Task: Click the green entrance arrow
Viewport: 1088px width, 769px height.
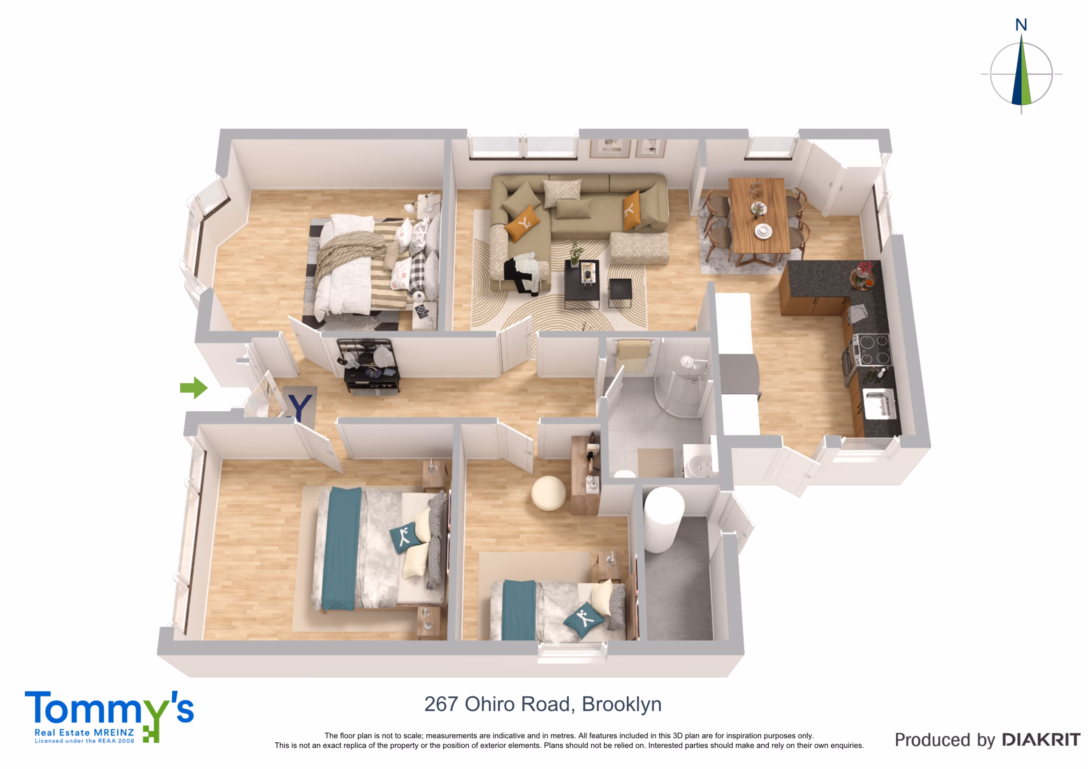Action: click(x=194, y=387)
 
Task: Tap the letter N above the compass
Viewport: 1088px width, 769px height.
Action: click(x=1021, y=25)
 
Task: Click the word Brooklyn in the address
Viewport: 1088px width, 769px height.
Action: click(x=621, y=705)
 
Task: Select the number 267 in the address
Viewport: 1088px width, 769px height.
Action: click(x=441, y=704)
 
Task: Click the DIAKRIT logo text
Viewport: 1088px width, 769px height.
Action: click(x=1041, y=740)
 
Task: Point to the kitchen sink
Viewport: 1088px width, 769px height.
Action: click(x=879, y=403)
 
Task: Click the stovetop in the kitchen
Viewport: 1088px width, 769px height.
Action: click(x=873, y=349)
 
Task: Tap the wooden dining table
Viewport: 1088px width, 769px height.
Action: click(x=758, y=215)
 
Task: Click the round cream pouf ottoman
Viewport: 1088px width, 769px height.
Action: click(x=548, y=493)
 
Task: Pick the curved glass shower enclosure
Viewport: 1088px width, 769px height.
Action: click(x=683, y=384)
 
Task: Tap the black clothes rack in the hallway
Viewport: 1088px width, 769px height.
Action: click(x=368, y=365)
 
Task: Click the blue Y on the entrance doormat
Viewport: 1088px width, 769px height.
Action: click(x=300, y=408)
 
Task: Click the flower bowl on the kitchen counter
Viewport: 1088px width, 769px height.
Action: click(x=863, y=275)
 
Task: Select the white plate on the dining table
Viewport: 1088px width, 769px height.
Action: click(x=763, y=231)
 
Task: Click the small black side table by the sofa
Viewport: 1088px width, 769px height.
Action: click(x=620, y=291)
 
